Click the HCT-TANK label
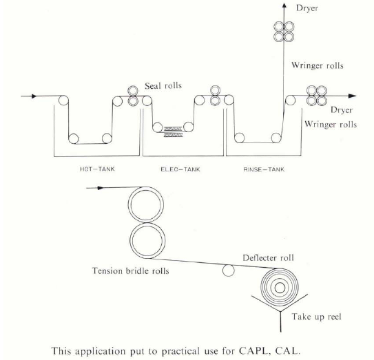(97, 169)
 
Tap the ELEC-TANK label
(180, 169)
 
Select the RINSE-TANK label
(264, 169)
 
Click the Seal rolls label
(163, 85)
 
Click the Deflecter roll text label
(268, 257)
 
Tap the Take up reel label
(317, 317)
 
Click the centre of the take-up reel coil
(280, 288)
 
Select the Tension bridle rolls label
(130, 271)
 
